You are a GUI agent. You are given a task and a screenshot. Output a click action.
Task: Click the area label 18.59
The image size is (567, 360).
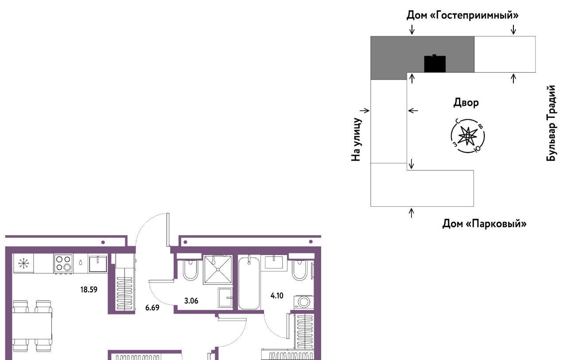click(x=89, y=290)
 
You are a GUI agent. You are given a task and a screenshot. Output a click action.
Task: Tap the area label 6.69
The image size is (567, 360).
click(x=152, y=308)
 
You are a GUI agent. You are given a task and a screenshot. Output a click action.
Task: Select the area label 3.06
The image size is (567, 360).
click(x=191, y=301)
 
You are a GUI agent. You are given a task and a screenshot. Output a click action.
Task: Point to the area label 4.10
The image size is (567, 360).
click(x=277, y=295)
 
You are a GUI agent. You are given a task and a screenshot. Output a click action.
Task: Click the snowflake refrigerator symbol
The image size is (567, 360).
click(x=23, y=263)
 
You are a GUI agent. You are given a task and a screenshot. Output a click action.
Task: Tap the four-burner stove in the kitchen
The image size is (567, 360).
click(x=63, y=263)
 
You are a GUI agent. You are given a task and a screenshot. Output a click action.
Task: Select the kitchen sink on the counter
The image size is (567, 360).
click(x=98, y=264)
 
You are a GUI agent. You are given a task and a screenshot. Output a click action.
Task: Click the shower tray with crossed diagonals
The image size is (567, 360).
click(x=218, y=270)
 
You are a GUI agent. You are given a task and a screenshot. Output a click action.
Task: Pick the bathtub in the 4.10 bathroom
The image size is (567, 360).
click(x=249, y=283)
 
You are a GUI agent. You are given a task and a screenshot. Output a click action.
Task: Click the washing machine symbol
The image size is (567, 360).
click(x=303, y=302)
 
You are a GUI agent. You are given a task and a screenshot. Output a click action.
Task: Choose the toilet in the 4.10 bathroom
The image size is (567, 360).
click(x=300, y=270)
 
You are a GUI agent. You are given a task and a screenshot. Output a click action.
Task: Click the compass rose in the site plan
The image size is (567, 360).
click(x=467, y=136)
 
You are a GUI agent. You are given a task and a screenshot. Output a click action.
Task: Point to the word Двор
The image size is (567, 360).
click(x=466, y=103)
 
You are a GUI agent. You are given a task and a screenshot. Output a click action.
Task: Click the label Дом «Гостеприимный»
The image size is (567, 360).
click(x=462, y=15)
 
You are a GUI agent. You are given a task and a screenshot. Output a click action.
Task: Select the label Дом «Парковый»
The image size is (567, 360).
click(x=484, y=224)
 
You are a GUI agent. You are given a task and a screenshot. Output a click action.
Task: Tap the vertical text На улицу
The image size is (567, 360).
click(x=356, y=139)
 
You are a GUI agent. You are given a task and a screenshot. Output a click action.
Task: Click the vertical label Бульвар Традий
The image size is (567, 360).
click(x=551, y=123)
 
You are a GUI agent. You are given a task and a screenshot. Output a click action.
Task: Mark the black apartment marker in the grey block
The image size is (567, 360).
click(x=435, y=64)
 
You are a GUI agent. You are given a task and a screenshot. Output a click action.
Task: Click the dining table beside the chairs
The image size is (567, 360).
click(x=32, y=325)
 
